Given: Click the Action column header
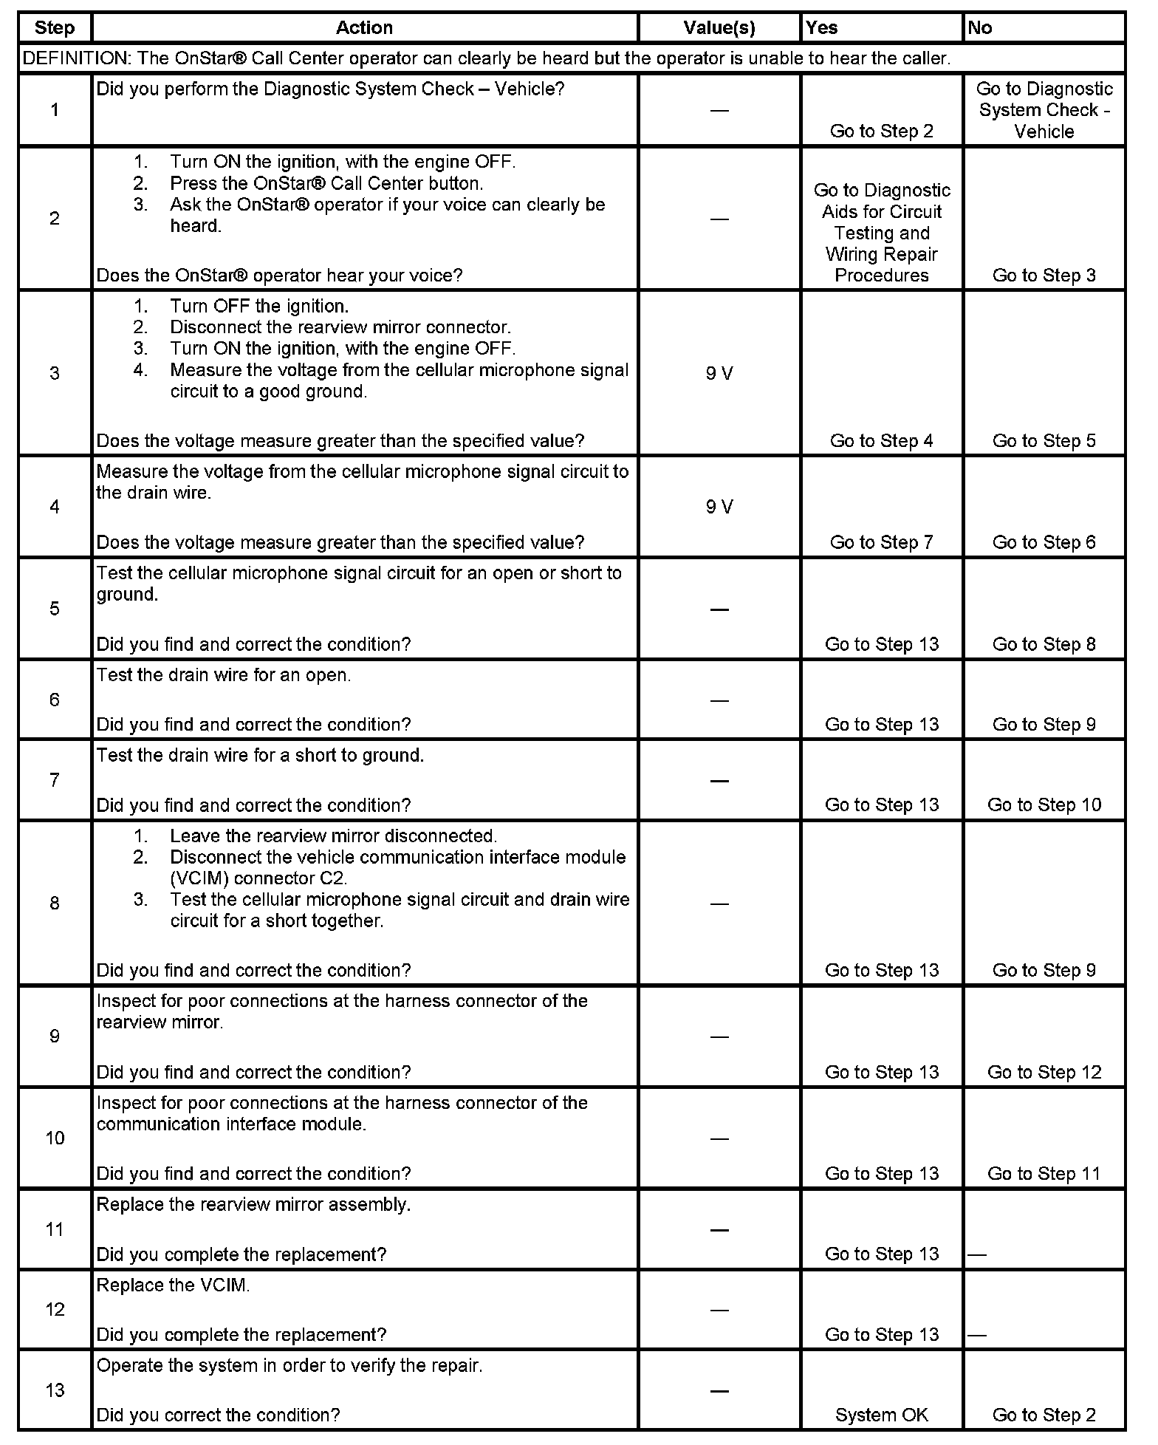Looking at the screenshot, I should [364, 28].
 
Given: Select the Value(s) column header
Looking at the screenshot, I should [719, 28].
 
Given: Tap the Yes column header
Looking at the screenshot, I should [822, 28].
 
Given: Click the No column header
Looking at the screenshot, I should [980, 28].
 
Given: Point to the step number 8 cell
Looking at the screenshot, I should [55, 903].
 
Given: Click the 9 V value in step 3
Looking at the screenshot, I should [719, 374].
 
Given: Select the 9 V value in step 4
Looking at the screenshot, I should [719, 507].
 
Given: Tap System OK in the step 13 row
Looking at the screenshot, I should [882, 1415].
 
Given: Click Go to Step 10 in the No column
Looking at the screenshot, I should [1044, 805].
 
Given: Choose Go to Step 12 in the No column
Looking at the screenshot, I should [1044, 1072].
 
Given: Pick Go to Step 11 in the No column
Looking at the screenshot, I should [1044, 1174].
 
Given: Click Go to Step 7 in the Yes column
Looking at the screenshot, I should [882, 542].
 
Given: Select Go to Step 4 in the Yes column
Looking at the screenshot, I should [882, 441].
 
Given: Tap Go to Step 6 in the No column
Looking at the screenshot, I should [1044, 542].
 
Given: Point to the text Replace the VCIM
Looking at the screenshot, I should [174, 1285].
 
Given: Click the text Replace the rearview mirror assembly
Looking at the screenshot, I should [253, 1204].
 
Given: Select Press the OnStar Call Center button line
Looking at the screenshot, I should [326, 183].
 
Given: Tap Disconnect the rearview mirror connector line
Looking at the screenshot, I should [340, 327].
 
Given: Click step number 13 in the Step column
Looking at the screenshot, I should [55, 1390].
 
